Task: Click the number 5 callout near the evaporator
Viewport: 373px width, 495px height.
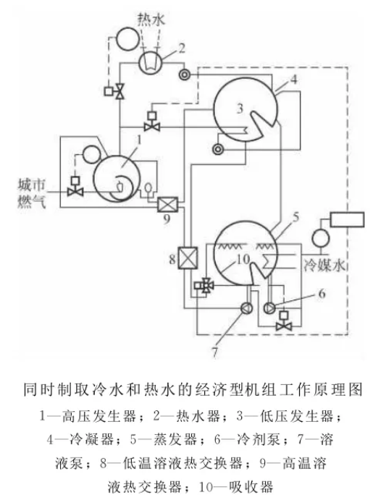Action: click(296, 215)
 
